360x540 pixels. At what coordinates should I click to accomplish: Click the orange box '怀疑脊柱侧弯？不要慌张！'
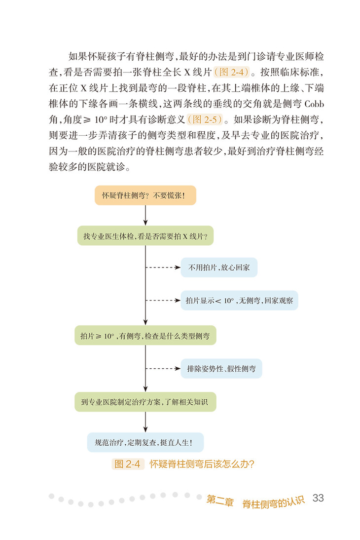click(x=145, y=195)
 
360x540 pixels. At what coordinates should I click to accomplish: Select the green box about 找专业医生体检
click(x=145, y=236)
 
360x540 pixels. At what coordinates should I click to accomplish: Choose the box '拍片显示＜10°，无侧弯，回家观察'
click(x=239, y=300)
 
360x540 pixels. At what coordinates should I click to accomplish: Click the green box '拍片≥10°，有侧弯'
click(x=145, y=336)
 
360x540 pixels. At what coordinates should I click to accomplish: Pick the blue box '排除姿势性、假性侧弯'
click(x=221, y=368)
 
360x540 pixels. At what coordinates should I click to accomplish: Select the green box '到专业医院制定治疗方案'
click(x=145, y=402)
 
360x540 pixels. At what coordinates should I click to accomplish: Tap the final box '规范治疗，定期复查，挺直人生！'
click(x=145, y=442)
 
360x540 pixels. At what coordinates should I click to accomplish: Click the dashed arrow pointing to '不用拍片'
click(x=163, y=268)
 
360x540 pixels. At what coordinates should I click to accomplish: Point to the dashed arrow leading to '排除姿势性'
click(x=163, y=368)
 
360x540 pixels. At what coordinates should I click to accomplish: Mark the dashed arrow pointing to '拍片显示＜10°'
click(x=163, y=300)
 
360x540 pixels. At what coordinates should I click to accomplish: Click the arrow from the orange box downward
click(x=145, y=215)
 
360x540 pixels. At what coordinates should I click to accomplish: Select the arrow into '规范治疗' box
click(x=145, y=422)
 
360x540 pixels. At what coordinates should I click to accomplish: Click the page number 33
click(x=318, y=498)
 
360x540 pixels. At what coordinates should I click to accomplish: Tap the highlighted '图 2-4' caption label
click(x=127, y=464)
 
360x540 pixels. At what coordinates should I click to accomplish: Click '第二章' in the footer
click(x=219, y=500)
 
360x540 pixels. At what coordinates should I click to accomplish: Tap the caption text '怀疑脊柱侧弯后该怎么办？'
click(x=202, y=464)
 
